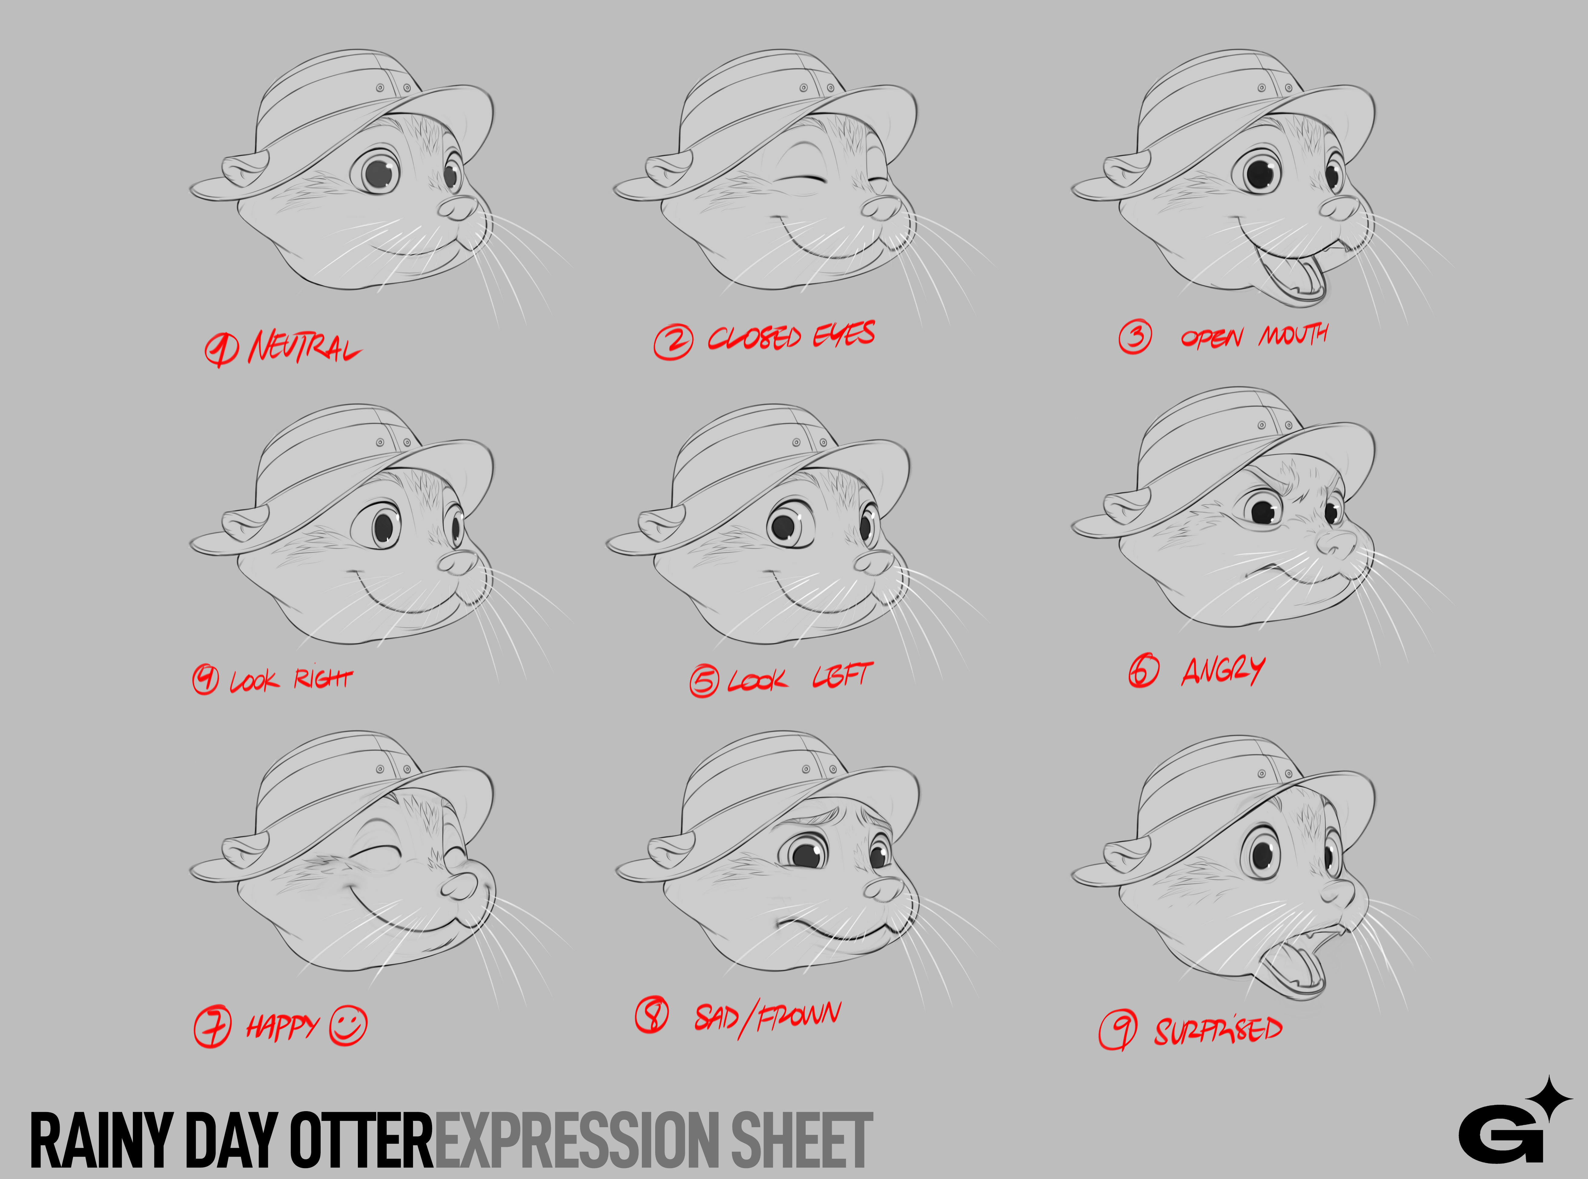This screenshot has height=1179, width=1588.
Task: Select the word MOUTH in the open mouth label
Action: pos(1293,334)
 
